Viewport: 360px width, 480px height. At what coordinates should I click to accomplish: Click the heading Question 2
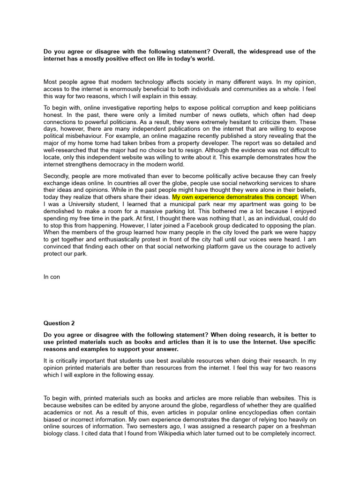pos(59,323)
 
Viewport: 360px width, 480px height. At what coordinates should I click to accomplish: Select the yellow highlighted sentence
pos(235,197)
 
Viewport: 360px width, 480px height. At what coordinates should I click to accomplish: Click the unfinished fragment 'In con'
pos(52,277)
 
